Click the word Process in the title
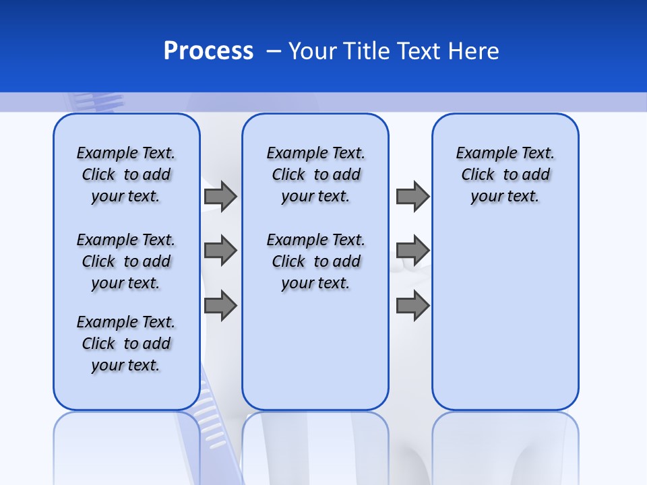pos(208,51)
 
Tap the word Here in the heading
pos(474,51)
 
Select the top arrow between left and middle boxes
pos(220,196)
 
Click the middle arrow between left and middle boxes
pos(220,251)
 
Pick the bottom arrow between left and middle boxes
pos(220,306)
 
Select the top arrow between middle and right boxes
pos(412,196)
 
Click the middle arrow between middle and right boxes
pos(412,251)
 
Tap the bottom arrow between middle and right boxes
pos(412,306)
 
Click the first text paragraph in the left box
pos(126,174)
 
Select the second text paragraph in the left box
pos(126,261)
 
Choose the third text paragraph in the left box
pos(126,344)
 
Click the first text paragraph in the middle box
pos(315,174)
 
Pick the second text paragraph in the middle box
pos(315,261)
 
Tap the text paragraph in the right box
pos(505,174)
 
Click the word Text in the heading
pos(421,51)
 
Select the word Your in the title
pos(313,51)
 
